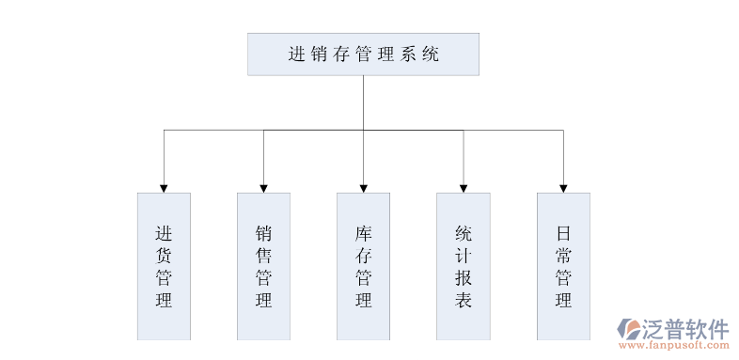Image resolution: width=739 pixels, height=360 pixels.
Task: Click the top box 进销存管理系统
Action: coord(363,55)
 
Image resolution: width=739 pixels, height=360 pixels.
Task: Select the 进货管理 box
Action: coord(164,266)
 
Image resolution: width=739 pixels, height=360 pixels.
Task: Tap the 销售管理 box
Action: coord(263,266)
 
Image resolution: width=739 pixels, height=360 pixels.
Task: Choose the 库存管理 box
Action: coord(363,266)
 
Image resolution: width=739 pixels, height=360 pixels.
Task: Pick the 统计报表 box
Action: coord(463,266)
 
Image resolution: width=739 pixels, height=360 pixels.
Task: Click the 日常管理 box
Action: coord(563,266)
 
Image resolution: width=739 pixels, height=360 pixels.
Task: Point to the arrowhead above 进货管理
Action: coord(164,188)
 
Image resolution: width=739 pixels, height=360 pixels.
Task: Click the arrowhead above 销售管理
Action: coord(263,188)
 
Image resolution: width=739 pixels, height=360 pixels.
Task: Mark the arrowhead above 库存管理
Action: coord(363,188)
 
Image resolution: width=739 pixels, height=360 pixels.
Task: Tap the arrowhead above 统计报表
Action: coord(463,188)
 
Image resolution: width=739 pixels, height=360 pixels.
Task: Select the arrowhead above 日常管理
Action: coord(563,188)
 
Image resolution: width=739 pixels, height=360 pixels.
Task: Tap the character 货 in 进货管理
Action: coord(164,255)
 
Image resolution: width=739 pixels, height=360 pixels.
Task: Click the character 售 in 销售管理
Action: coord(263,255)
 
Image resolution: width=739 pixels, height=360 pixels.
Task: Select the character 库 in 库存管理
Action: coord(363,232)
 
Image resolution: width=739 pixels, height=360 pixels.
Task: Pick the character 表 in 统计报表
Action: coord(463,301)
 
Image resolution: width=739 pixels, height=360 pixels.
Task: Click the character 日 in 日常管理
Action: coord(563,232)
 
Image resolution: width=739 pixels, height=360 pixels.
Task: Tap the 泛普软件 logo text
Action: coord(685,328)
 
